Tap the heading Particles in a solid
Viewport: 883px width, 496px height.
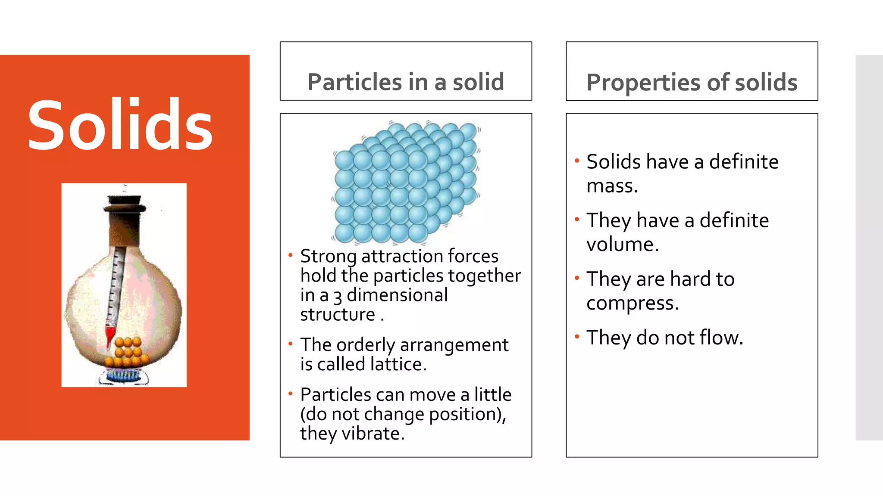tap(405, 82)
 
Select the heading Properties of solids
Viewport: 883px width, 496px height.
tap(692, 82)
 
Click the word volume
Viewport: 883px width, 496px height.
tap(622, 244)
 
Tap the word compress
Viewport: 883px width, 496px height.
tap(632, 303)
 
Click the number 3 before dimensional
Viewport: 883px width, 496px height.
tap(338, 297)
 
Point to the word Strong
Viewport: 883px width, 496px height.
tap(328, 257)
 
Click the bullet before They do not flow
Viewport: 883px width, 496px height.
tap(577, 336)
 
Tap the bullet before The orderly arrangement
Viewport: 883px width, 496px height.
tap(291, 344)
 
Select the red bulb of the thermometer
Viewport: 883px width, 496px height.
tap(110, 335)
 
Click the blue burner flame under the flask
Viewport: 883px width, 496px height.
tap(123, 375)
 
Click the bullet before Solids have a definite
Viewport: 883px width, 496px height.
tap(577, 161)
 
